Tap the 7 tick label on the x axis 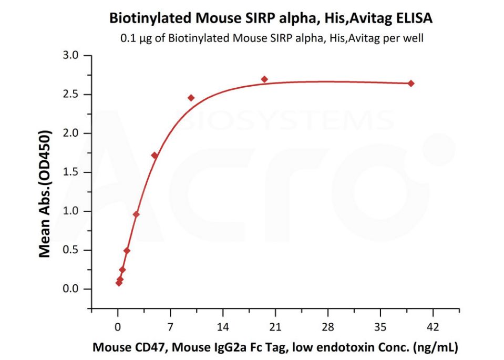[x=170, y=326]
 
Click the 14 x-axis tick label [x=223, y=326]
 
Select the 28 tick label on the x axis [x=328, y=326]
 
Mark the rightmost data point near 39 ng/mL [x=411, y=84]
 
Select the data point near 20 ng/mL [x=264, y=79]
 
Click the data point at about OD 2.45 [x=191, y=98]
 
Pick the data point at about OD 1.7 [x=155, y=156]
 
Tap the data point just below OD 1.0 [x=136, y=214]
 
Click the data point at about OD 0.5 [x=127, y=251]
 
